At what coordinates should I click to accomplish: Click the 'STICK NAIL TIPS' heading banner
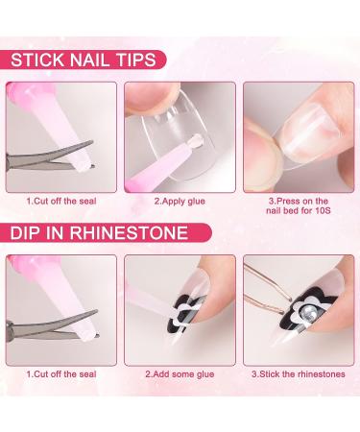(83, 60)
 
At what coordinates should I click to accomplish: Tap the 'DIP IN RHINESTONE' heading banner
(106, 232)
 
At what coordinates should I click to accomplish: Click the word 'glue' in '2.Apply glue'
(195, 202)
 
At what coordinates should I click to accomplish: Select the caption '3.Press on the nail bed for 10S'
(299, 205)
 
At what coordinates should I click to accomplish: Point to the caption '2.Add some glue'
(180, 374)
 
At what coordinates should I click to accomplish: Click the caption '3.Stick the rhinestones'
(299, 374)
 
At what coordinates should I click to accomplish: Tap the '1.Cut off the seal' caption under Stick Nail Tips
(61, 202)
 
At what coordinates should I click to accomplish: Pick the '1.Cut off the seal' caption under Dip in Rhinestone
(61, 374)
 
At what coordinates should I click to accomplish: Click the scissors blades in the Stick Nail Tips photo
(51, 156)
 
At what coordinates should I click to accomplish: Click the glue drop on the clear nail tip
(196, 139)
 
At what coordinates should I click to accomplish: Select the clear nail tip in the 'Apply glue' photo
(179, 134)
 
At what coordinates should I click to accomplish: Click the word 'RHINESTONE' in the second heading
(129, 232)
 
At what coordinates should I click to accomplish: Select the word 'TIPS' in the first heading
(136, 60)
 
